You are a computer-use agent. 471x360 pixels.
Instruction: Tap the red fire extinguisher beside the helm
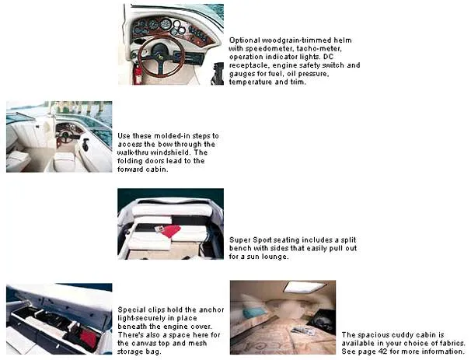[138, 75]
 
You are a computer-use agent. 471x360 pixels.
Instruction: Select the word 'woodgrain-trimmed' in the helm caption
[284, 40]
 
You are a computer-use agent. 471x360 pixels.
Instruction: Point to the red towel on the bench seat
[169, 230]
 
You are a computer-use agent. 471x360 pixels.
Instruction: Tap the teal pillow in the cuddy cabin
[254, 313]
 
